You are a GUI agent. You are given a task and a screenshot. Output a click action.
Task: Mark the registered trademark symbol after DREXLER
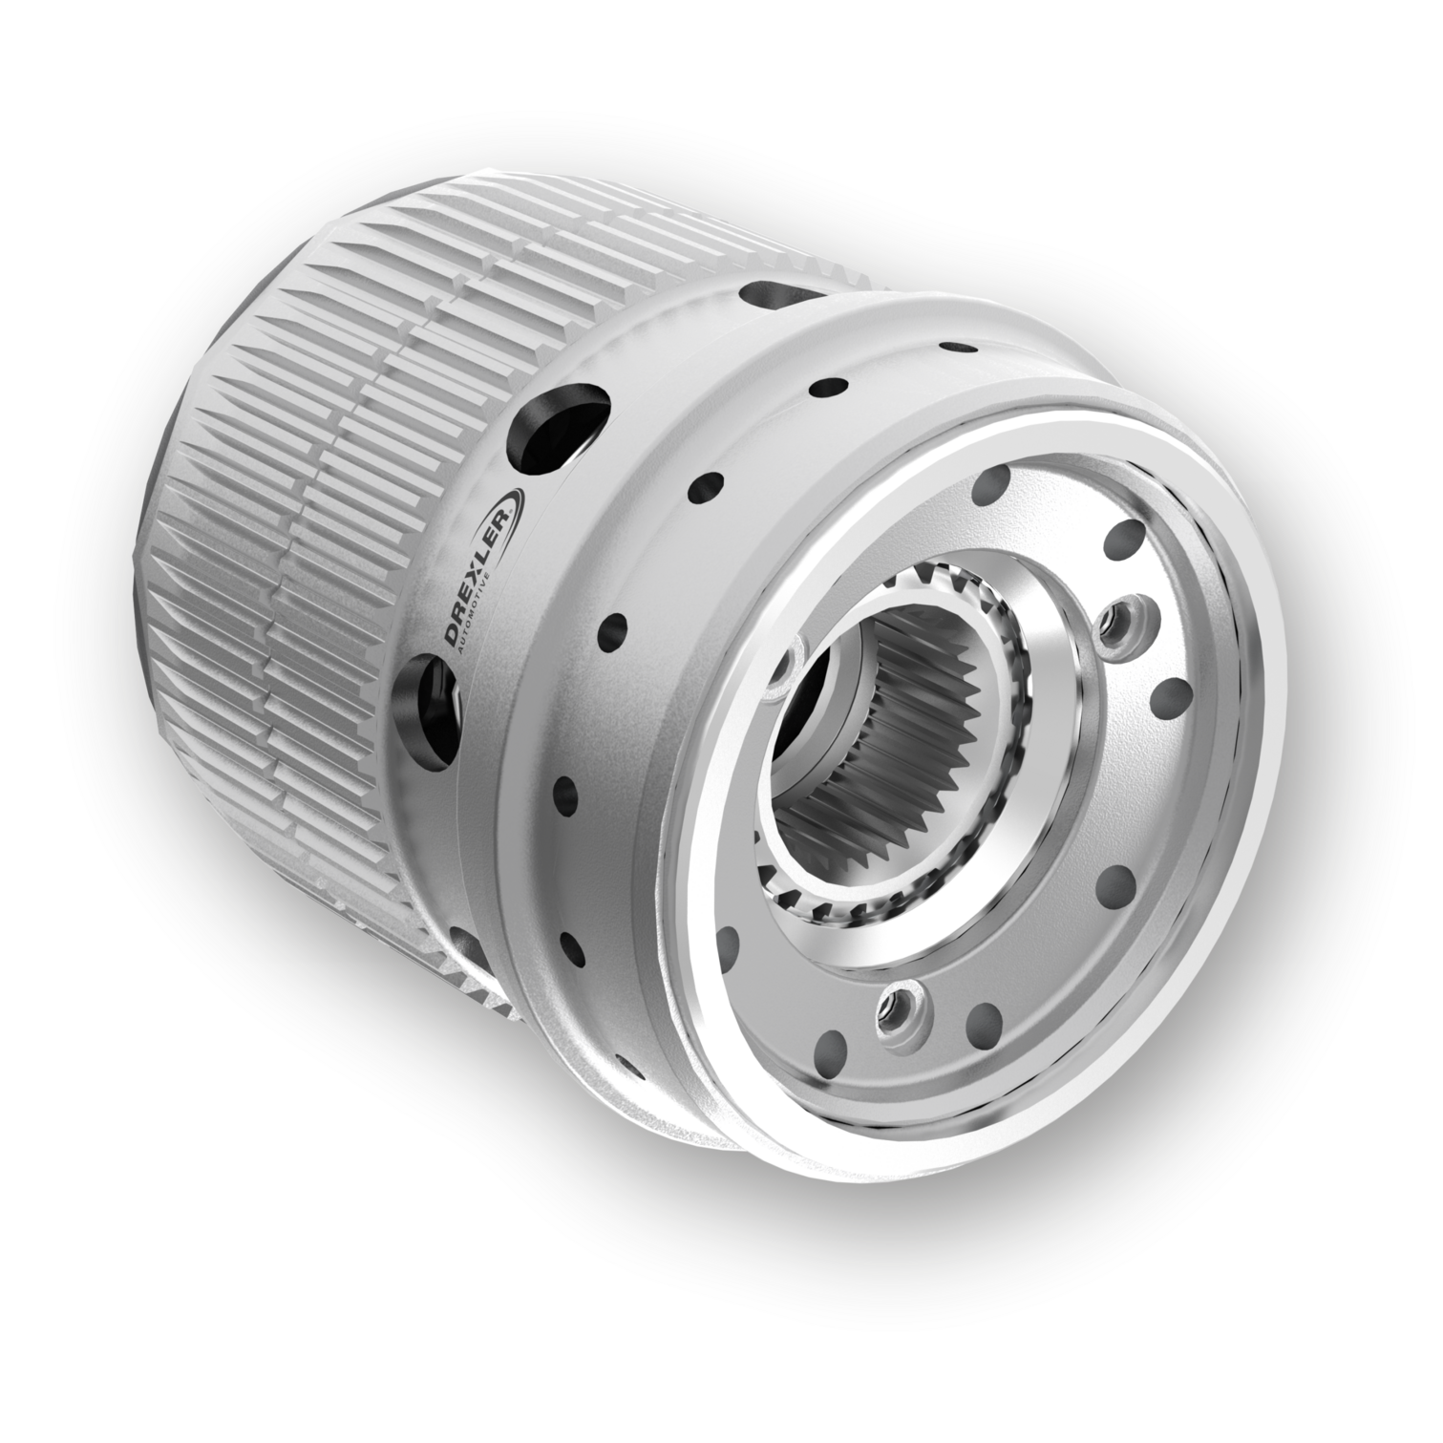pyautogui.click(x=517, y=513)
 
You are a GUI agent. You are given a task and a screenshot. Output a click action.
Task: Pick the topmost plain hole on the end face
pyautogui.click(x=993, y=487)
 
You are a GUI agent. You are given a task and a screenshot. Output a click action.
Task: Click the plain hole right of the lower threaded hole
pyautogui.click(x=983, y=1025)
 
